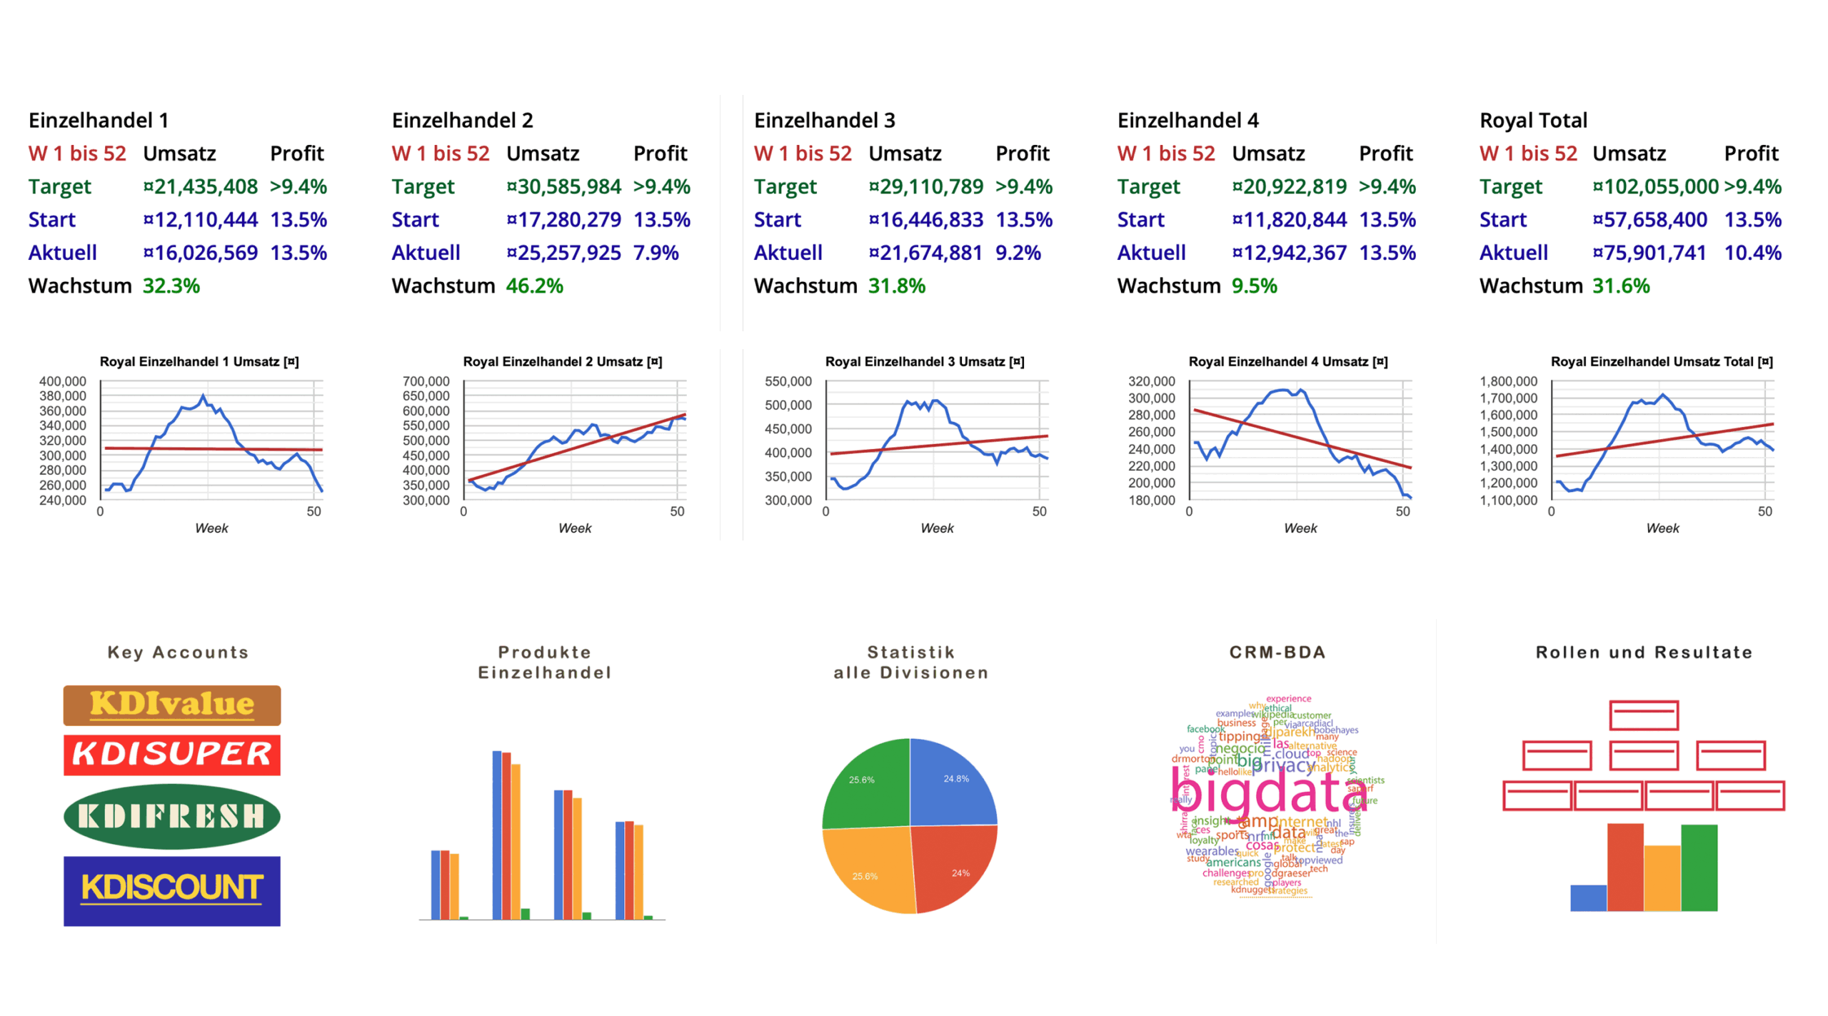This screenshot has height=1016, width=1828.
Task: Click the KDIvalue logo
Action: [x=171, y=705]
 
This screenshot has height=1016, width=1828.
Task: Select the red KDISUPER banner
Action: [x=171, y=755]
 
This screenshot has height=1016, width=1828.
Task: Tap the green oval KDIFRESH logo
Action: [x=171, y=816]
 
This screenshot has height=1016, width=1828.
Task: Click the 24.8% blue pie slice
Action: [x=950, y=782]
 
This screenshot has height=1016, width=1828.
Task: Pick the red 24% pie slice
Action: [x=953, y=867]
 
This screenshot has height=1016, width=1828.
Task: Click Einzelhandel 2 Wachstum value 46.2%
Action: [x=534, y=286]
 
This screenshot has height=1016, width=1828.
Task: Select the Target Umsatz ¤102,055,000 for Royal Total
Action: [x=1654, y=186]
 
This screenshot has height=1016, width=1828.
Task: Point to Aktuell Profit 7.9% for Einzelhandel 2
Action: [x=656, y=253]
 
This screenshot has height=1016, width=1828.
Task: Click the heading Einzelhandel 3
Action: [x=824, y=120]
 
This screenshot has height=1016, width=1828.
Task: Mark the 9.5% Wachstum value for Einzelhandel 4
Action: [x=1254, y=286]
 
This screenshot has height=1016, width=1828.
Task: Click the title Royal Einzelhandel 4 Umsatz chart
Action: [x=1287, y=361]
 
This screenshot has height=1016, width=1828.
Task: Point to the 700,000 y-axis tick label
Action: [x=426, y=381]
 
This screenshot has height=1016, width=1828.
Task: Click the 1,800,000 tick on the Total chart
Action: [x=1507, y=381]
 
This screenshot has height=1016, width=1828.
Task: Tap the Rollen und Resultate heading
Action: [x=1643, y=652]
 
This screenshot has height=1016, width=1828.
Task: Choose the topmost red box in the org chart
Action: [x=1643, y=715]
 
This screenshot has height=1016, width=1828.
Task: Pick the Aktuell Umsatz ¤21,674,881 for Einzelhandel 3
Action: [x=925, y=253]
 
